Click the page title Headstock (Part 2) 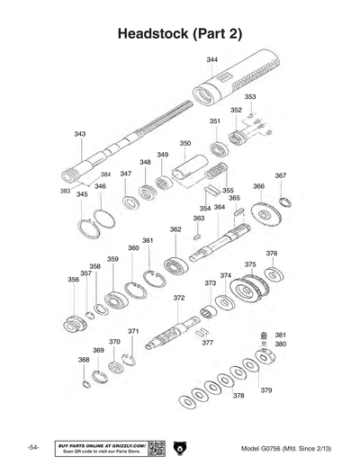tap(180, 33)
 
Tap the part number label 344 tap(211, 59)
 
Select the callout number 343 tap(80, 133)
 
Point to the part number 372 tap(179, 298)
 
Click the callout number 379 tap(266, 390)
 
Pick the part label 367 tap(281, 175)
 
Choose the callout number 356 tap(73, 280)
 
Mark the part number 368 tap(84, 360)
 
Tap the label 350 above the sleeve tap(184, 143)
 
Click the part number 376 tap(272, 254)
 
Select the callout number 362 tap(175, 229)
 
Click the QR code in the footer tap(156, 447)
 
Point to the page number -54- tap(32, 448)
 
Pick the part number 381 tap(280, 335)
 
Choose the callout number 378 tap(238, 396)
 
